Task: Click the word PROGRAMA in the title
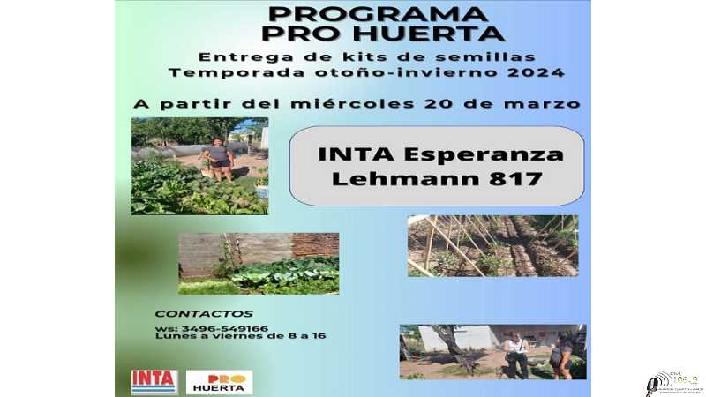[x=377, y=14]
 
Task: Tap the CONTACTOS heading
[x=203, y=313]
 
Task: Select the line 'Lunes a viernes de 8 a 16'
[x=240, y=336]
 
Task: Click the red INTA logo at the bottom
[x=154, y=381]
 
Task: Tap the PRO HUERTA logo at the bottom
[x=219, y=381]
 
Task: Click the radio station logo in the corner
[x=673, y=381]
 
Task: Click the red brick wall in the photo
[x=315, y=244]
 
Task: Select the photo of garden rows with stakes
[x=492, y=245]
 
